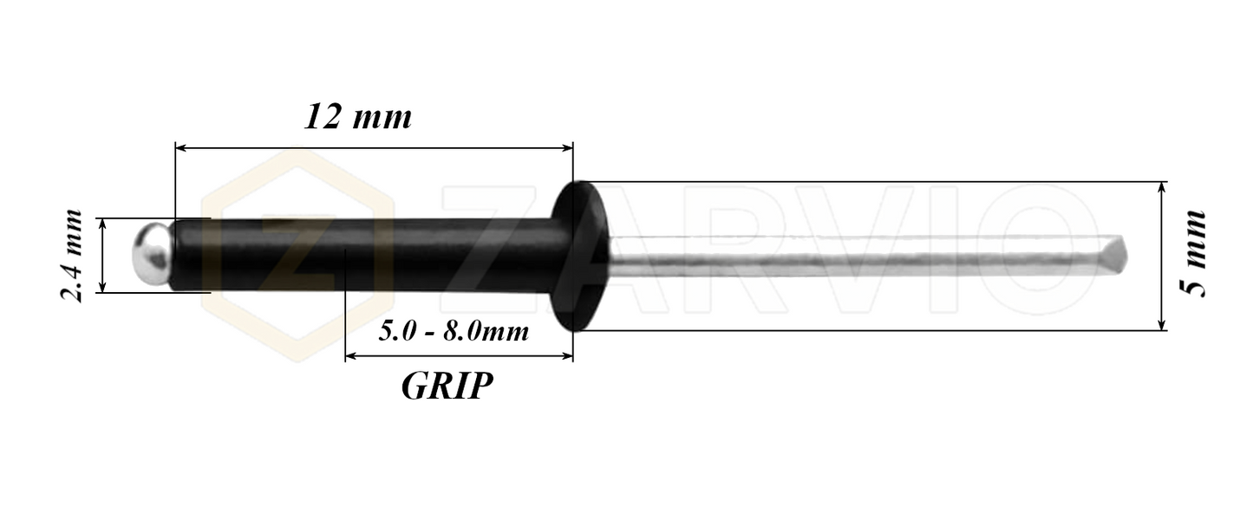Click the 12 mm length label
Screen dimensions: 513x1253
[357, 117]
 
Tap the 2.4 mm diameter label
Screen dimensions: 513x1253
[72, 255]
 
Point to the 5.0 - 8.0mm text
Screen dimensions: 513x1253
[454, 330]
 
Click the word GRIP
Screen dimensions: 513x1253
[447, 386]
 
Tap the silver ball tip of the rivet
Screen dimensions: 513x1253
[149, 255]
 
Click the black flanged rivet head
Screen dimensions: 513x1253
[580, 256]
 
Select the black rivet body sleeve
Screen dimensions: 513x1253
[364, 255]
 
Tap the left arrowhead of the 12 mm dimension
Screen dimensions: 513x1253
[181, 149]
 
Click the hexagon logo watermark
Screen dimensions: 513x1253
[295, 256]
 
